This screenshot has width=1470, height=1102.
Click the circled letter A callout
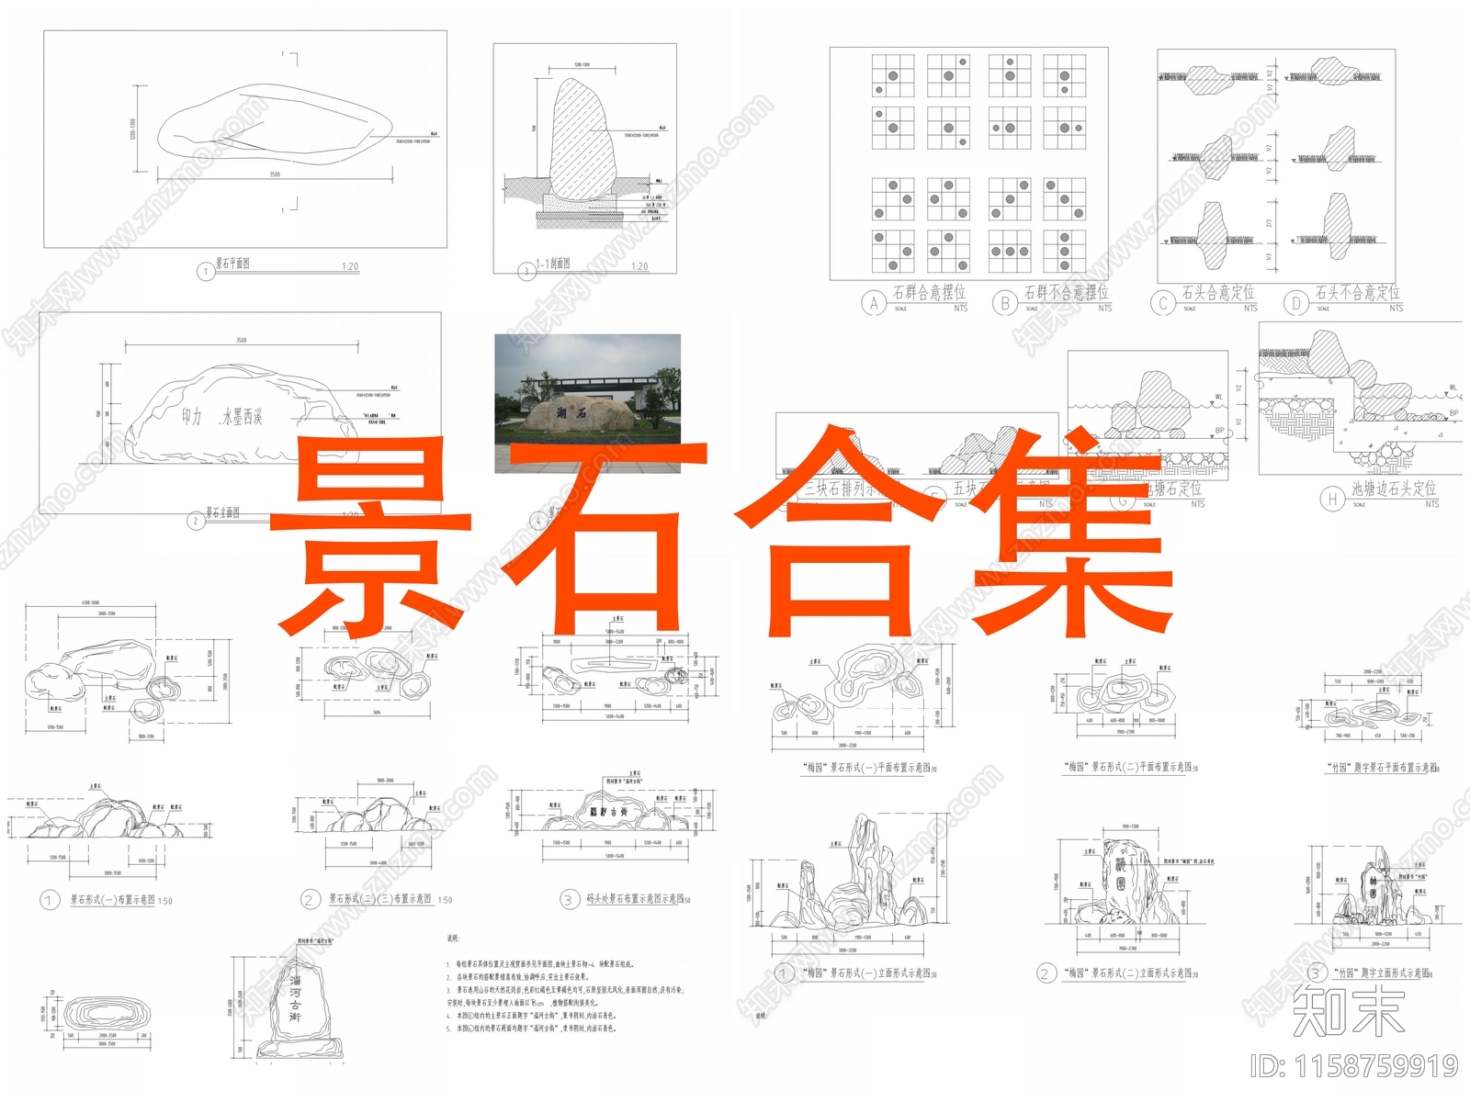click(874, 302)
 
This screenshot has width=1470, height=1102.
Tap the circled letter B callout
click(1005, 302)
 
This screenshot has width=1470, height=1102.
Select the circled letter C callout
click(1164, 302)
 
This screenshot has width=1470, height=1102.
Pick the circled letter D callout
click(1296, 302)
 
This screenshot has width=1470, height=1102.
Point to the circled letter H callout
click(1332, 499)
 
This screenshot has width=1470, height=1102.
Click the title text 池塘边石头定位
click(1393, 489)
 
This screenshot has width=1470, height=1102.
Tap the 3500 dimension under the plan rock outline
click(275, 174)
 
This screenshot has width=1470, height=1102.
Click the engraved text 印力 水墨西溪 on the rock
click(221, 418)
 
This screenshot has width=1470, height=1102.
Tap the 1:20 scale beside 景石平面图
click(350, 266)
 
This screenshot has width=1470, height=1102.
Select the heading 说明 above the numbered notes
click(451, 939)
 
